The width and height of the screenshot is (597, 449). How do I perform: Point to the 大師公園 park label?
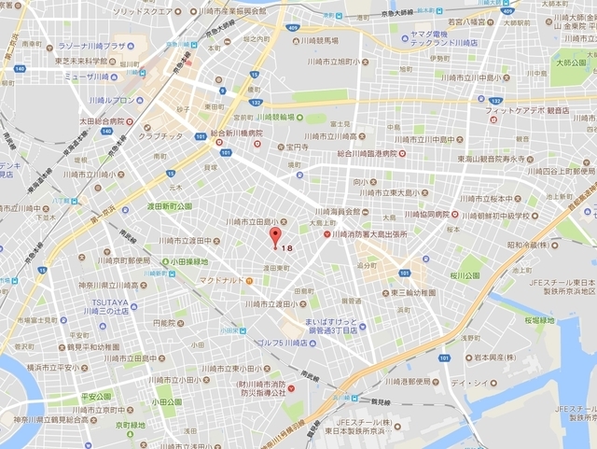569,63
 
